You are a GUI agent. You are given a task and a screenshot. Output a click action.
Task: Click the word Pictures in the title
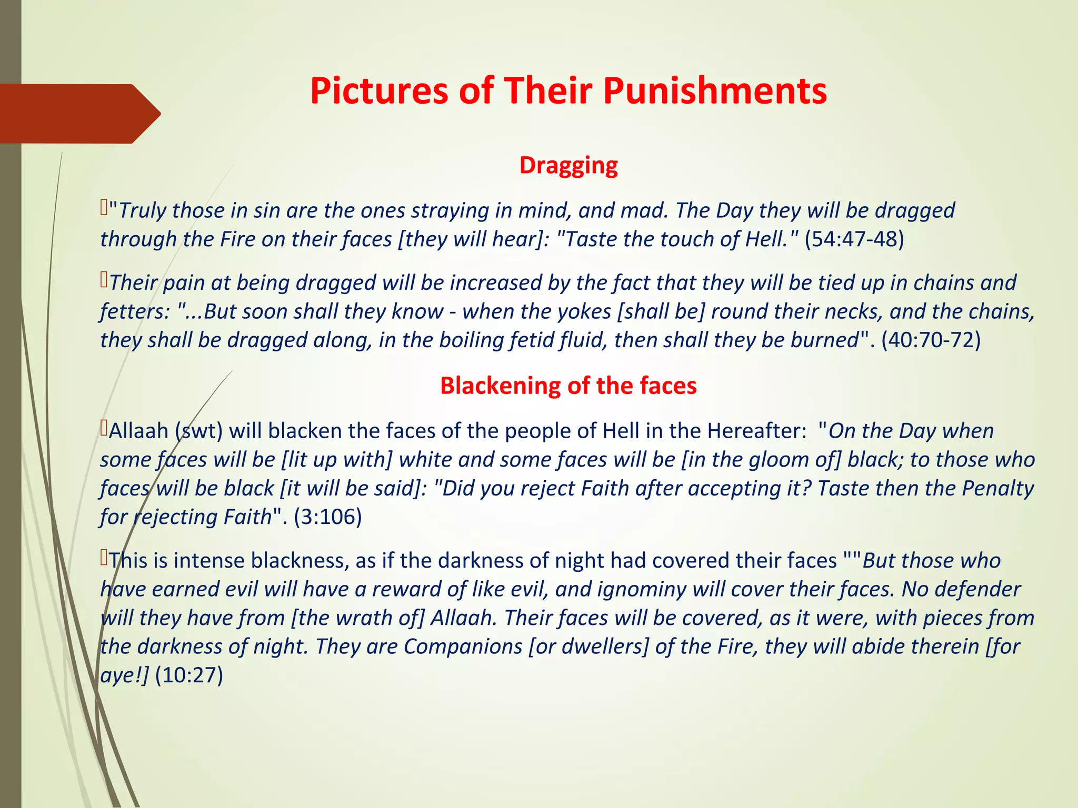coord(376,90)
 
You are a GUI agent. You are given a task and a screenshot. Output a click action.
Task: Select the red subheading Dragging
coord(568,165)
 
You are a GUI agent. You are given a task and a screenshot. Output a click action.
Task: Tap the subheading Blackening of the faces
coord(568,386)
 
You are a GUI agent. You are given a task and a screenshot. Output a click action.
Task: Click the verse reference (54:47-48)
coord(854,239)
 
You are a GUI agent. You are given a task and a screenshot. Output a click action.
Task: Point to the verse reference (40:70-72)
coord(931,340)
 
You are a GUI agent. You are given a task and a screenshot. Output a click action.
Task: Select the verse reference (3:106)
coord(327,517)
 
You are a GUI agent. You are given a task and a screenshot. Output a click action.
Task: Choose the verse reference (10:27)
coord(189,675)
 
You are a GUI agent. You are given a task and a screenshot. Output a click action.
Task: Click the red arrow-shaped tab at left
coord(79,114)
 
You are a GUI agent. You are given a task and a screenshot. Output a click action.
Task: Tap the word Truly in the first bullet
coord(142,211)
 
